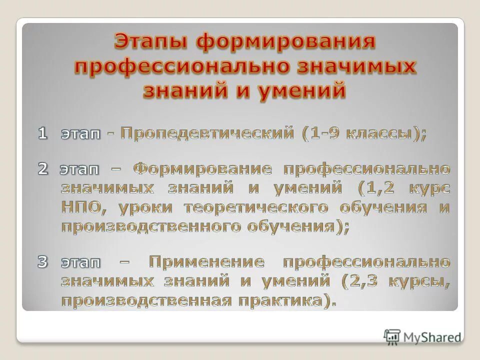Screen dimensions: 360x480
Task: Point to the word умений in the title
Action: coord(303,91)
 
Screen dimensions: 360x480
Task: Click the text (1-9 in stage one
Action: coord(323,133)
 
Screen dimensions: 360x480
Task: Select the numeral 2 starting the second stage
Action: coord(43,169)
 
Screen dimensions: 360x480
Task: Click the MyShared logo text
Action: coord(432,337)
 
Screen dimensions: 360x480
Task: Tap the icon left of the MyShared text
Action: coord(392,337)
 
